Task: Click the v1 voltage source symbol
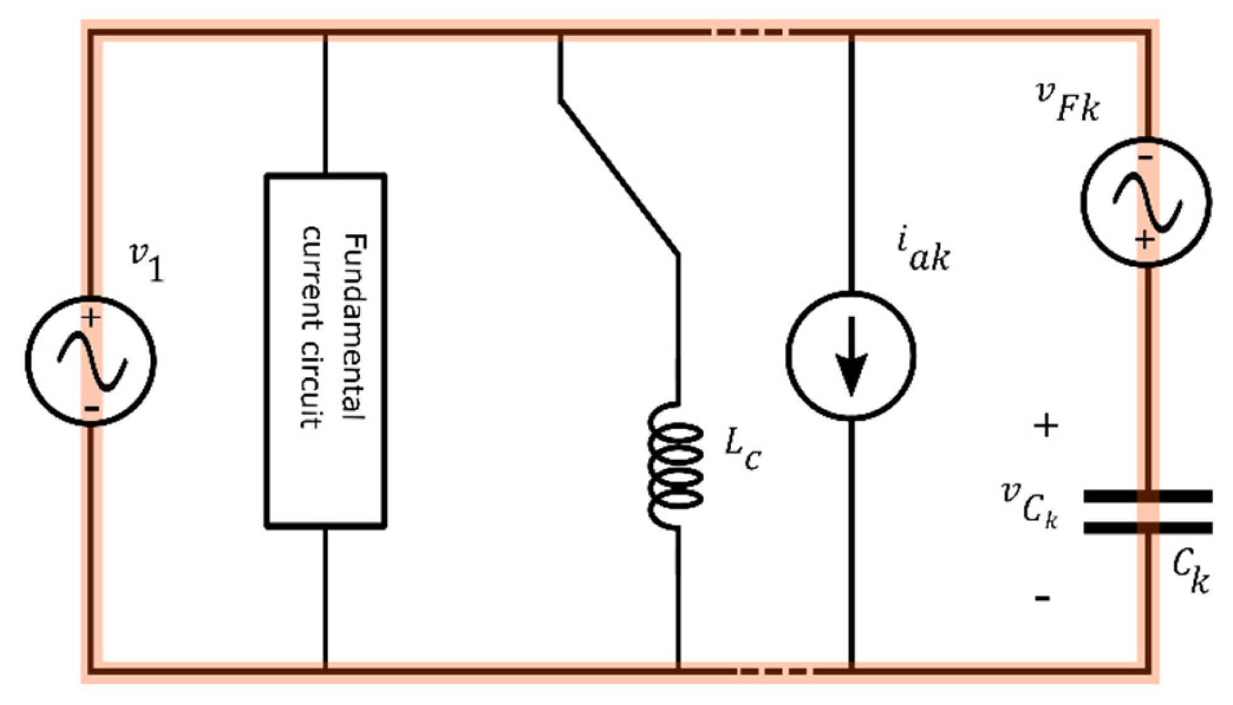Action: click(91, 361)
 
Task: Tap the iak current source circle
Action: click(851, 356)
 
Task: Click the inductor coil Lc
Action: click(675, 465)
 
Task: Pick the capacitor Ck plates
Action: click(1148, 512)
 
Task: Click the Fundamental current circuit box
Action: click(325, 351)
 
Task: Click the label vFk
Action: click(1067, 102)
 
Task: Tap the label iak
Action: click(924, 251)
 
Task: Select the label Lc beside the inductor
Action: click(743, 449)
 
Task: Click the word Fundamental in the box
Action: click(355, 326)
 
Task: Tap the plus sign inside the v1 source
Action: click(91, 318)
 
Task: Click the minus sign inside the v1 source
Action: click(92, 410)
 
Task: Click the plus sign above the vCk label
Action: click(1045, 427)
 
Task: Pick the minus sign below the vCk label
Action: click(1042, 598)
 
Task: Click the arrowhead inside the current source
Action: click(851, 373)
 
